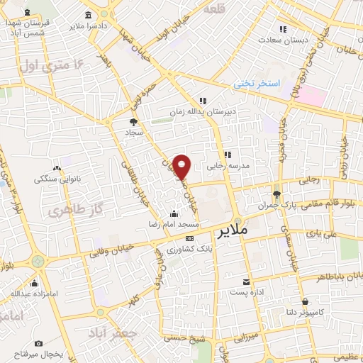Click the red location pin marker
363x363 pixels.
[182, 167]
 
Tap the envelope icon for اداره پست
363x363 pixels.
[245, 281]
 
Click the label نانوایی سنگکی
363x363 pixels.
[57, 179]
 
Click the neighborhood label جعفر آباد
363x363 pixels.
[110, 333]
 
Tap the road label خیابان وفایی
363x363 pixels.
[113, 250]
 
